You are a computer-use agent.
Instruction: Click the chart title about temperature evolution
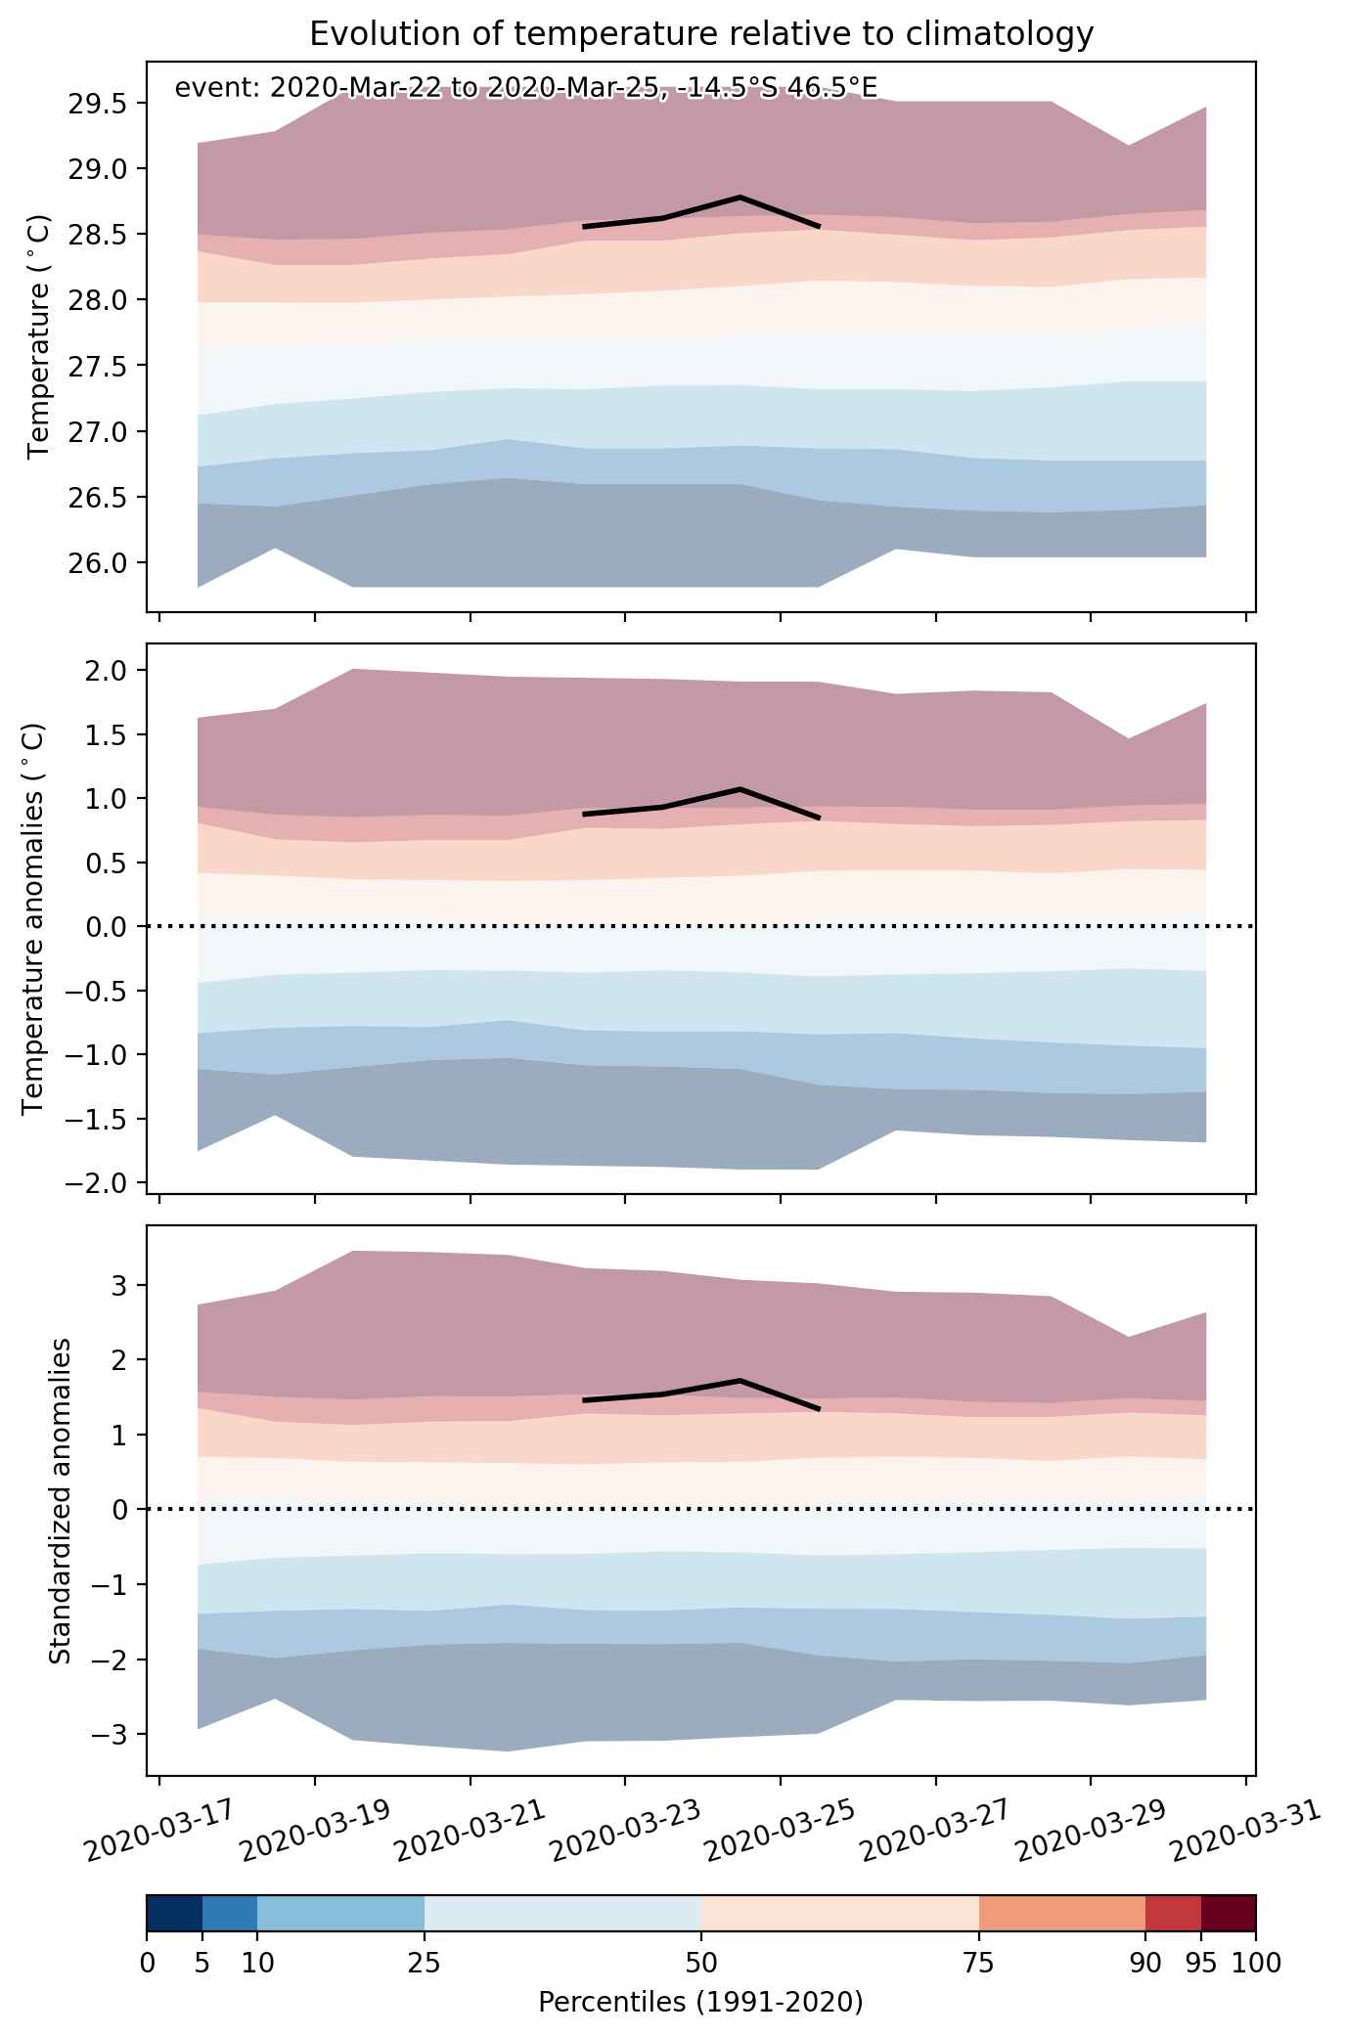(700, 34)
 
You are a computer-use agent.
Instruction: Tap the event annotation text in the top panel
(525, 88)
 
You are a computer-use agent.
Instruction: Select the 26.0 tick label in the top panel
(102, 562)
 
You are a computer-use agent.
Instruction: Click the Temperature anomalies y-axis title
(33, 918)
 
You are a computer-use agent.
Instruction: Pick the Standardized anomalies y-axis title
(60, 1500)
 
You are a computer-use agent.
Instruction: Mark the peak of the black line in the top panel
(740, 197)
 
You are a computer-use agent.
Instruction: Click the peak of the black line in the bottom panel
(740, 1380)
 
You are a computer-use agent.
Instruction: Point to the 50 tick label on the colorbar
(701, 1962)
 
